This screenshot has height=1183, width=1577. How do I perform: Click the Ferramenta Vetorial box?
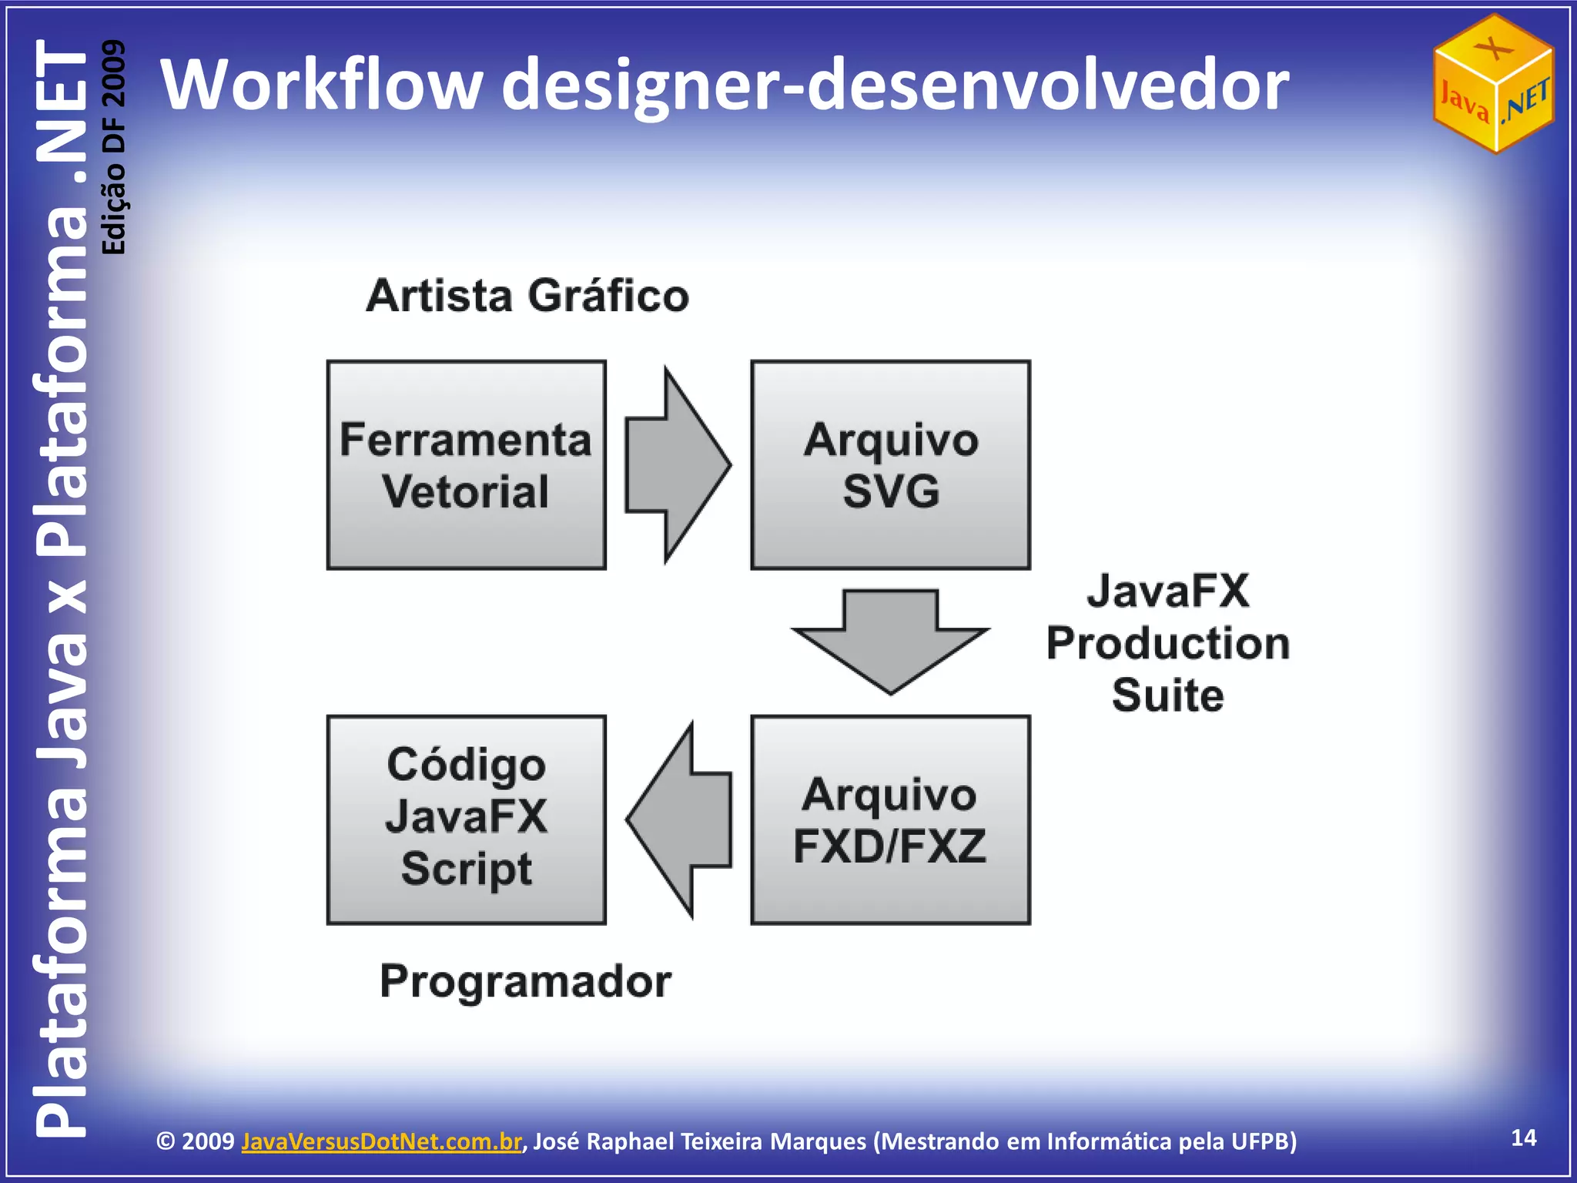point(466,465)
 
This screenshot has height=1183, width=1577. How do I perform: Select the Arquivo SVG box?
point(890,465)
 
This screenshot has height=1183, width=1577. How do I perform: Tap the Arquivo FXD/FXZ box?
point(890,820)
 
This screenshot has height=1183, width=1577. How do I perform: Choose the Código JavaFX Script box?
point(466,820)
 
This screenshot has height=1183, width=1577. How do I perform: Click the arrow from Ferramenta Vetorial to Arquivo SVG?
point(676,465)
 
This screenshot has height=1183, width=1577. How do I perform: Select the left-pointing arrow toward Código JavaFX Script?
point(678,820)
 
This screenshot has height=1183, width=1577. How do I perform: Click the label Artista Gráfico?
point(527,296)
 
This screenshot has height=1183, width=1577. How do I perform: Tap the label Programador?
point(526,982)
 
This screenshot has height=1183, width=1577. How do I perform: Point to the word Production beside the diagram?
point(1167,644)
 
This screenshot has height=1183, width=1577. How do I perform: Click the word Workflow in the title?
point(321,85)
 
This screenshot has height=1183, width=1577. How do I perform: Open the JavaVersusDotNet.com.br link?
point(381,1141)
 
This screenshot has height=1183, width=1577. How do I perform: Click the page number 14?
point(1524,1138)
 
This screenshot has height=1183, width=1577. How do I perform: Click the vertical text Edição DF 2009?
point(114,146)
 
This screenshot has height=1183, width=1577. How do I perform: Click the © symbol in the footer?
point(166,1141)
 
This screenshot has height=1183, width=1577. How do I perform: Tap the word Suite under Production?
point(1167,695)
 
